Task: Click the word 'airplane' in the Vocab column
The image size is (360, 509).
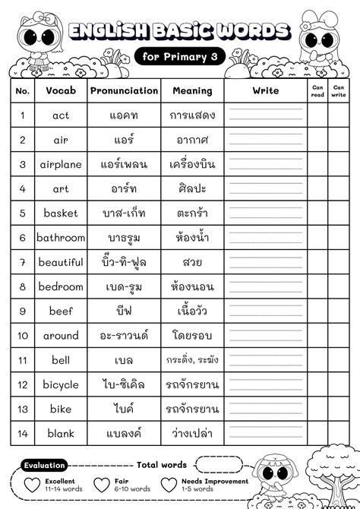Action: coord(61,164)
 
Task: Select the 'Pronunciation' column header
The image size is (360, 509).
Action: coord(124,90)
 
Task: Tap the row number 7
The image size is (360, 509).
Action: coord(23,262)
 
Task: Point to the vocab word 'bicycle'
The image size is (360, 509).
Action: coord(61,384)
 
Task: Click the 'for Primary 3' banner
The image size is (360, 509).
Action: coord(180,55)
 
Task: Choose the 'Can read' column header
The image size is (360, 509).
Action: coord(317,90)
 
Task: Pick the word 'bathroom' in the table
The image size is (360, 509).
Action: coord(61,238)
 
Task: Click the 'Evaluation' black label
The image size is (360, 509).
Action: coord(45,465)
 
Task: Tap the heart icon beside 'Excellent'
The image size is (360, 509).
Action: coord(31,485)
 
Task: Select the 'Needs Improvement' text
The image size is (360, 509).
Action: coord(214,482)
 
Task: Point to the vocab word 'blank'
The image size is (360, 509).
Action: coord(61,433)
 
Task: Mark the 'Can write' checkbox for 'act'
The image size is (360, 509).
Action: coord(338,115)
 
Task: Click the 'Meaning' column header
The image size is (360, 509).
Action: coord(192,90)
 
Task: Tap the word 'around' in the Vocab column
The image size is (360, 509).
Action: coord(61,336)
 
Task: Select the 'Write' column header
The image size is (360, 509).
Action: coord(266,90)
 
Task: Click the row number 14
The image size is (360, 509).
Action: coord(23,433)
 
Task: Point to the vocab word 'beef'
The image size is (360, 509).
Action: coord(61,311)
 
